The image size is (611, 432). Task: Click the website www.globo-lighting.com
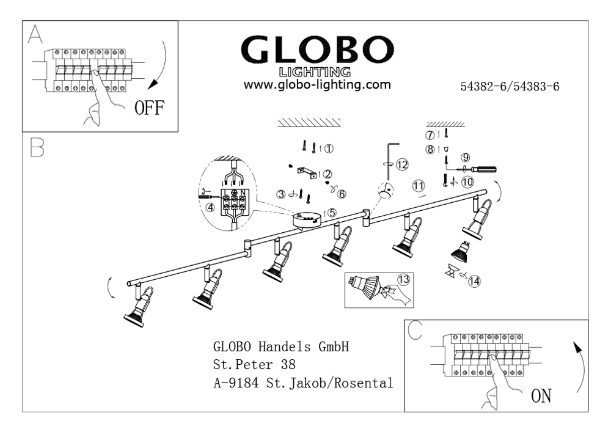click(x=317, y=85)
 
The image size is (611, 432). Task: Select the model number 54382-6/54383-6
click(x=510, y=87)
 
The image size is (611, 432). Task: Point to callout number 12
click(x=401, y=164)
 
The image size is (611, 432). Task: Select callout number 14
click(x=474, y=281)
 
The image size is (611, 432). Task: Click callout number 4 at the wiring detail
click(x=210, y=207)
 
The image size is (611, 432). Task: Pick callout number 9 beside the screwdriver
click(x=466, y=156)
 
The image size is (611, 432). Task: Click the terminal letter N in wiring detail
click(x=243, y=193)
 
